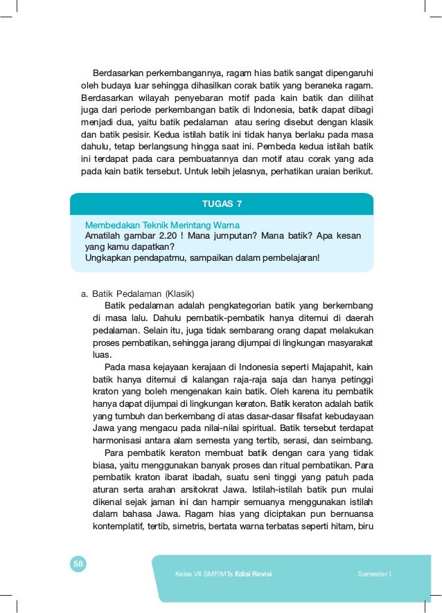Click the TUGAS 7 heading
[222, 203]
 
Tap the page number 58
[78, 565]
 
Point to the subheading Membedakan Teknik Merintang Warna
[162, 225]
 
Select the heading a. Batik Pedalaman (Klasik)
[137, 292]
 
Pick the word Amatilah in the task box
[105, 236]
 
